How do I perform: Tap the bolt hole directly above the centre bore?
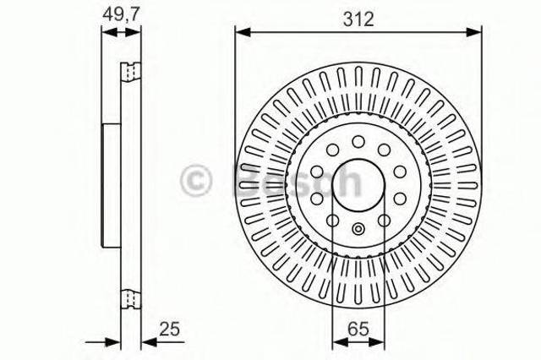pyautogui.click(x=358, y=140)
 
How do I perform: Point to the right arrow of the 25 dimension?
pyautogui.click(x=146, y=341)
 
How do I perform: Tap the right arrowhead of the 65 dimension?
pyautogui.click(x=377, y=341)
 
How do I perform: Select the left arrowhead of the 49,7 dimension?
pyautogui.click(x=106, y=32)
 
